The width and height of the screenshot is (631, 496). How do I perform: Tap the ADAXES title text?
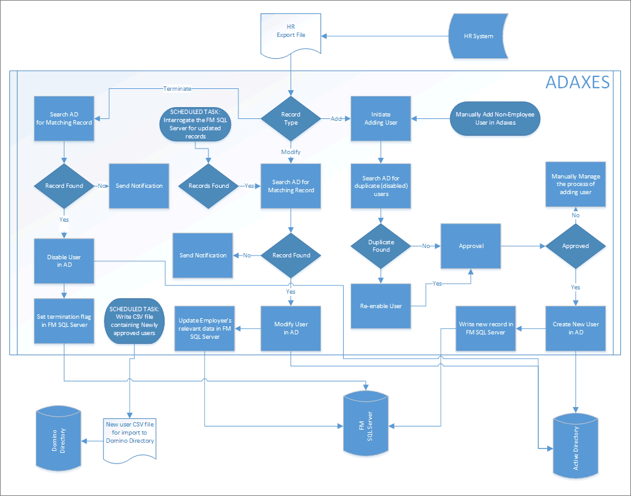577,83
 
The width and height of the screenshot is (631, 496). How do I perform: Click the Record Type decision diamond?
290,118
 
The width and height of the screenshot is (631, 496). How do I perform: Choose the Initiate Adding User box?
381,118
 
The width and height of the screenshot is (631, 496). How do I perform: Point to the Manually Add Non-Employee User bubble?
495,118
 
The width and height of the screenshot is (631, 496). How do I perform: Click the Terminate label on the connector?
177,89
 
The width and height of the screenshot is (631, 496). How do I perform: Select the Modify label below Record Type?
290,152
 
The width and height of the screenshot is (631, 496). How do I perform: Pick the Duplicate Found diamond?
381,246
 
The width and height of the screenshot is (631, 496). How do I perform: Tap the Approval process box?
471,246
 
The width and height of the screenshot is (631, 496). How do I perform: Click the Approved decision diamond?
575,246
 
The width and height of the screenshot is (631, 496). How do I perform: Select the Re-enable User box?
381,306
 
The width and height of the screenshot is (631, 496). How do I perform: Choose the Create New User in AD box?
575,328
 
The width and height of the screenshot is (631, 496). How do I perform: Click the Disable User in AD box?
64,261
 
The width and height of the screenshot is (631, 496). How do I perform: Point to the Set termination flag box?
64,320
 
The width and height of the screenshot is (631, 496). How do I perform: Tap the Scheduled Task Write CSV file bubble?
135,320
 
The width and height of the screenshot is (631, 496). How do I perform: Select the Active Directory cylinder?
575,445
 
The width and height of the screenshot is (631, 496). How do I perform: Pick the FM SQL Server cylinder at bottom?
366,423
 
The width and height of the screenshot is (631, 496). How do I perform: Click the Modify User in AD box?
290,328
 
